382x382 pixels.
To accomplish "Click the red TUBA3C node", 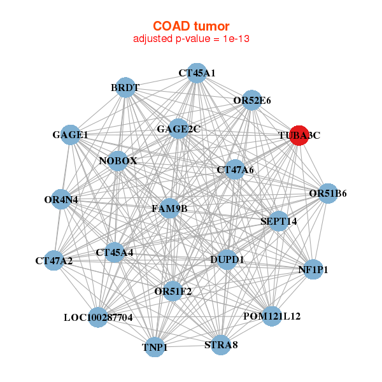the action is click(x=299, y=136).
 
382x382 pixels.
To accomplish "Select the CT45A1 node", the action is click(x=197, y=73).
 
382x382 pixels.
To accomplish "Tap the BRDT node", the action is click(x=125, y=87).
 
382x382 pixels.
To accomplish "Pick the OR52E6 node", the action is click(x=251, y=100).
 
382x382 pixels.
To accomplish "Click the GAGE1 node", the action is click(x=70, y=135).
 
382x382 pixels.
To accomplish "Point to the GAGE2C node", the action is click(x=178, y=129).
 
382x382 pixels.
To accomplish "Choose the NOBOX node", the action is click(x=118, y=161).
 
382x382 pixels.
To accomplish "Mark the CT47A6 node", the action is click(x=235, y=169).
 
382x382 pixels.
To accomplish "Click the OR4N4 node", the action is click(x=61, y=199).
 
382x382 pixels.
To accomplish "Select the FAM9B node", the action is click(x=170, y=208).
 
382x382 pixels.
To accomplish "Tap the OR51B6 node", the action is click(x=328, y=193).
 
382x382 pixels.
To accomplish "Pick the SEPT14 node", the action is click(x=279, y=221).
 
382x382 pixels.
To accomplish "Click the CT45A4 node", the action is click(x=114, y=252).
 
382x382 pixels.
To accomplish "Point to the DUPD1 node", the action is click(x=227, y=260).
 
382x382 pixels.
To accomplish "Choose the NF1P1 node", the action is click(x=313, y=269).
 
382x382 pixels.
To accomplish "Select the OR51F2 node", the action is click(x=173, y=291).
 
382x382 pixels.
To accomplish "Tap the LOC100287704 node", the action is click(x=98, y=318).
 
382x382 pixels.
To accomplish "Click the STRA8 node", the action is click(x=221, y=345).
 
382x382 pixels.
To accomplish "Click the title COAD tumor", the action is click(x=191, y=26).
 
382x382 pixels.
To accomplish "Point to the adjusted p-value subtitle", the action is click(x=191, y=39).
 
